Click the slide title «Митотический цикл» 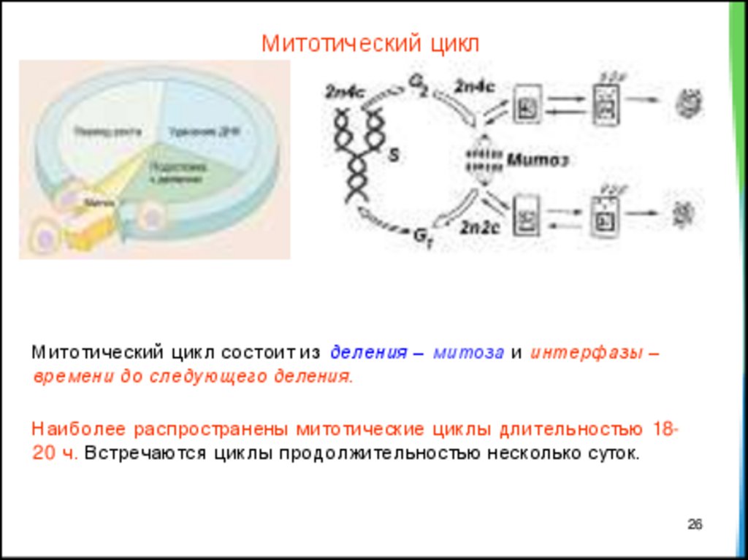(x=370, y=43)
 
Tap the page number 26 (x=695, y=524)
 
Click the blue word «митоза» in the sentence (x=468, y=353)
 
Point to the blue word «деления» (x=367, y=353)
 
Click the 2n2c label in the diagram (x=478, y=227)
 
